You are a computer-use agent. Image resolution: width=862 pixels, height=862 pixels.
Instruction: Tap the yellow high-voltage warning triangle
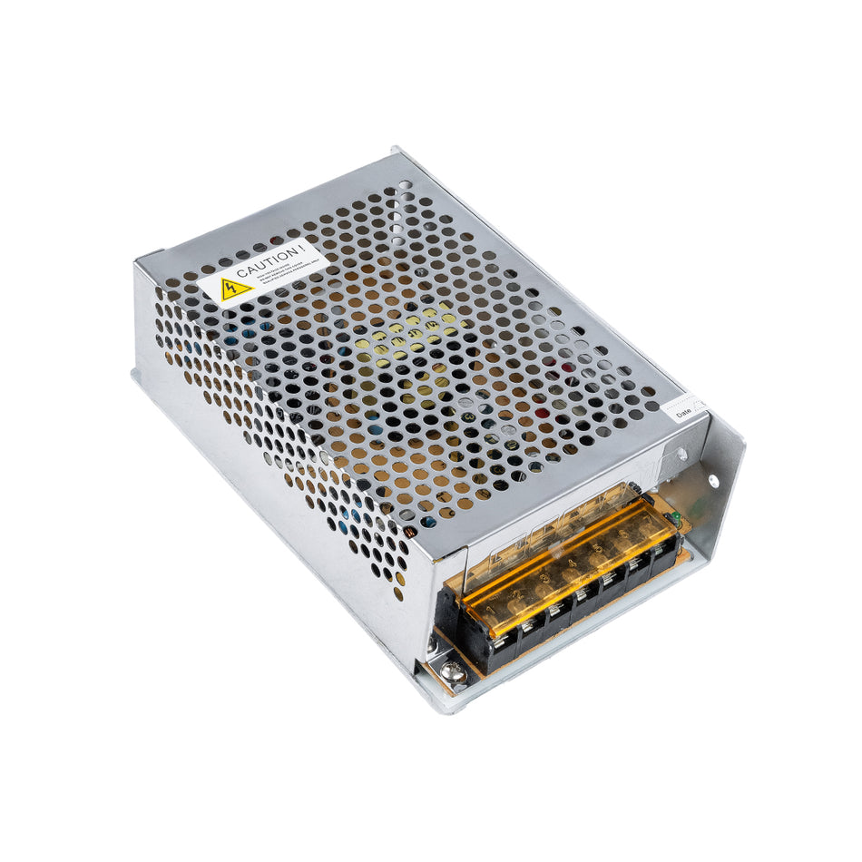pos(236,289)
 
